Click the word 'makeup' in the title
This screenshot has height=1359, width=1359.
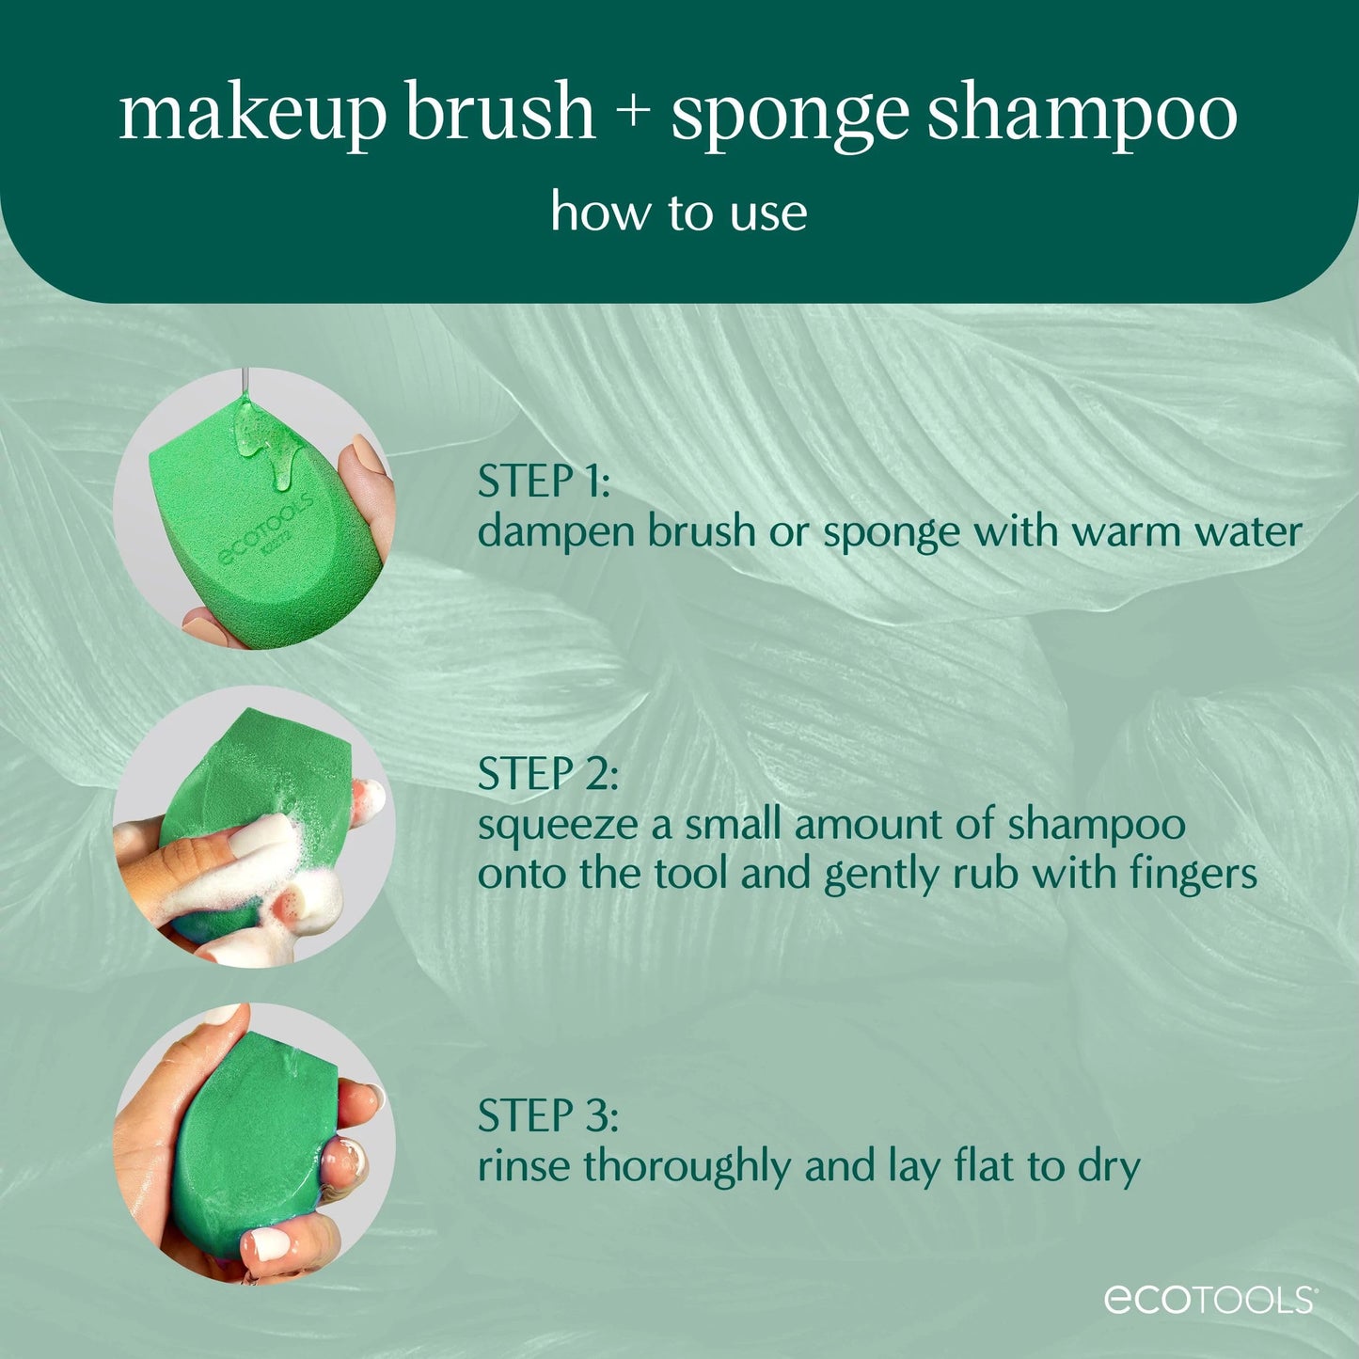(x=252, y=113)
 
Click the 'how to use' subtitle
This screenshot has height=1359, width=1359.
(x=678, y=213)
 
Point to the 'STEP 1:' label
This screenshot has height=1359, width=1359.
(x=544, y=482)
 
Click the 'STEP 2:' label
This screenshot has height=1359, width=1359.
(x=547, y=774)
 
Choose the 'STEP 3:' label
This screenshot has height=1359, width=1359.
(x=547, y=1116)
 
